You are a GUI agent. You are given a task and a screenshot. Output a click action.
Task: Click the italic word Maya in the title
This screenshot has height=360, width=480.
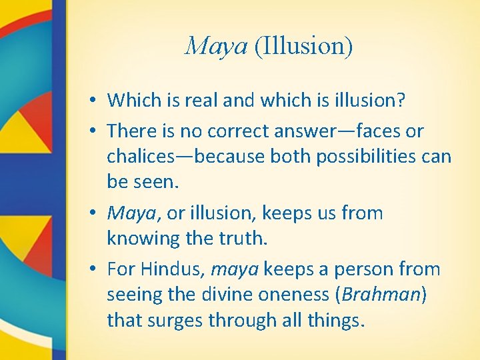tap(215, 47)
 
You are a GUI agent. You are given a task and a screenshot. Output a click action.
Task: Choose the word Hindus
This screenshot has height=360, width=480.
tap(170, 269)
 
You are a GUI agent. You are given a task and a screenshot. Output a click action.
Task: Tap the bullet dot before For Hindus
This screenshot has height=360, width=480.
tap(97, 270)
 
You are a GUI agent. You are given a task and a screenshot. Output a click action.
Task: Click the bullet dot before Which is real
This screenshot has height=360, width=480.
tap(97, 101)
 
